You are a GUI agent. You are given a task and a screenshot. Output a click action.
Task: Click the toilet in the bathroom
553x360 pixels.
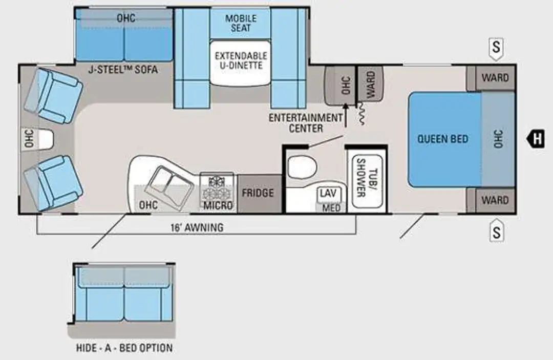[302, 167]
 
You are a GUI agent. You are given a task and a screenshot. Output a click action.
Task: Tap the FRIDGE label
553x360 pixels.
[258, 193]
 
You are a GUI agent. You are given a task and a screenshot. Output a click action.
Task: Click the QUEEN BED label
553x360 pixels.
[442, 139]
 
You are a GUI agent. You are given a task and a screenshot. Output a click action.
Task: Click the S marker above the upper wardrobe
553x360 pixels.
[496, 48]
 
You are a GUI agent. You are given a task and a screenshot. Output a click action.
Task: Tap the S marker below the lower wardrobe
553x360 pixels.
[497, 230]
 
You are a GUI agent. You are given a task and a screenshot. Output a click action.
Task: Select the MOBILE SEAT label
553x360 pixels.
[241, 23]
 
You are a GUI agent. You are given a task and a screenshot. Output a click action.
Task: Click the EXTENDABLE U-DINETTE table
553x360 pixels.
[241, 63]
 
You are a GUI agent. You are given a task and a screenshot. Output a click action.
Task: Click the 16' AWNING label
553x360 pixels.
[197, 228]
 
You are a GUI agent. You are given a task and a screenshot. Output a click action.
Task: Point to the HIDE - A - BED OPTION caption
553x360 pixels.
[124, 348]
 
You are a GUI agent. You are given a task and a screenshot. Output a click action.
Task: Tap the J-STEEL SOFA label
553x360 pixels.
[123, 70]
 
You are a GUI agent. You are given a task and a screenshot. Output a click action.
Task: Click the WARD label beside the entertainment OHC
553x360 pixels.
[371, 84]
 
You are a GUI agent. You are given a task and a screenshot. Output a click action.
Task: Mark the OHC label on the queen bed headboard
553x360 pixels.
[498, 139]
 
